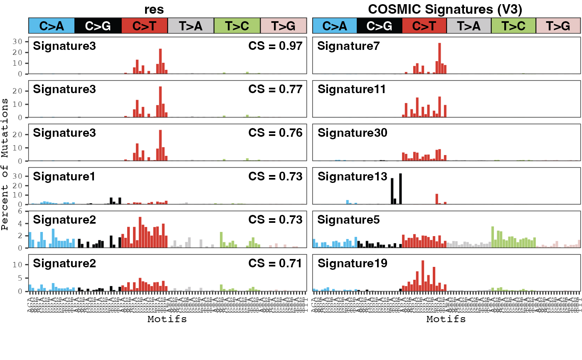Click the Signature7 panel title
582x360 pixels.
pyautogui.click(x=348, y=46)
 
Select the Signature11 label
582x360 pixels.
pyautogui.click(x=352, y=89)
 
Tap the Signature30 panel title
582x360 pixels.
pyautogui.click(x=352, y=133)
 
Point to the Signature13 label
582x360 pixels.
pyautogui.click(x=352, y=176)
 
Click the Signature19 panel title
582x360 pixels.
pyautogui.click(x=352, y=263)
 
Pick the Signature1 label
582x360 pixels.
pyautogui.click(x=64, y=176)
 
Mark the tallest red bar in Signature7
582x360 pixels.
pyautogui.click(x=439, y=58)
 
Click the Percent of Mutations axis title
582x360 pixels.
pyautogui.click(x=5, y=164)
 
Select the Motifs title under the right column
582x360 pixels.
pyautogui.click(x=446, y=319)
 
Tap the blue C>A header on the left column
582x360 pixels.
pyautogui.click(x=52, y=26)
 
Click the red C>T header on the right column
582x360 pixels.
pyautogui.click(x=425, y=26)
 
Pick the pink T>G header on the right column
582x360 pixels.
pyautogui.click(x=558, y=26)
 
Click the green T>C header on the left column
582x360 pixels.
pyautogui.click(x=237, y=26)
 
